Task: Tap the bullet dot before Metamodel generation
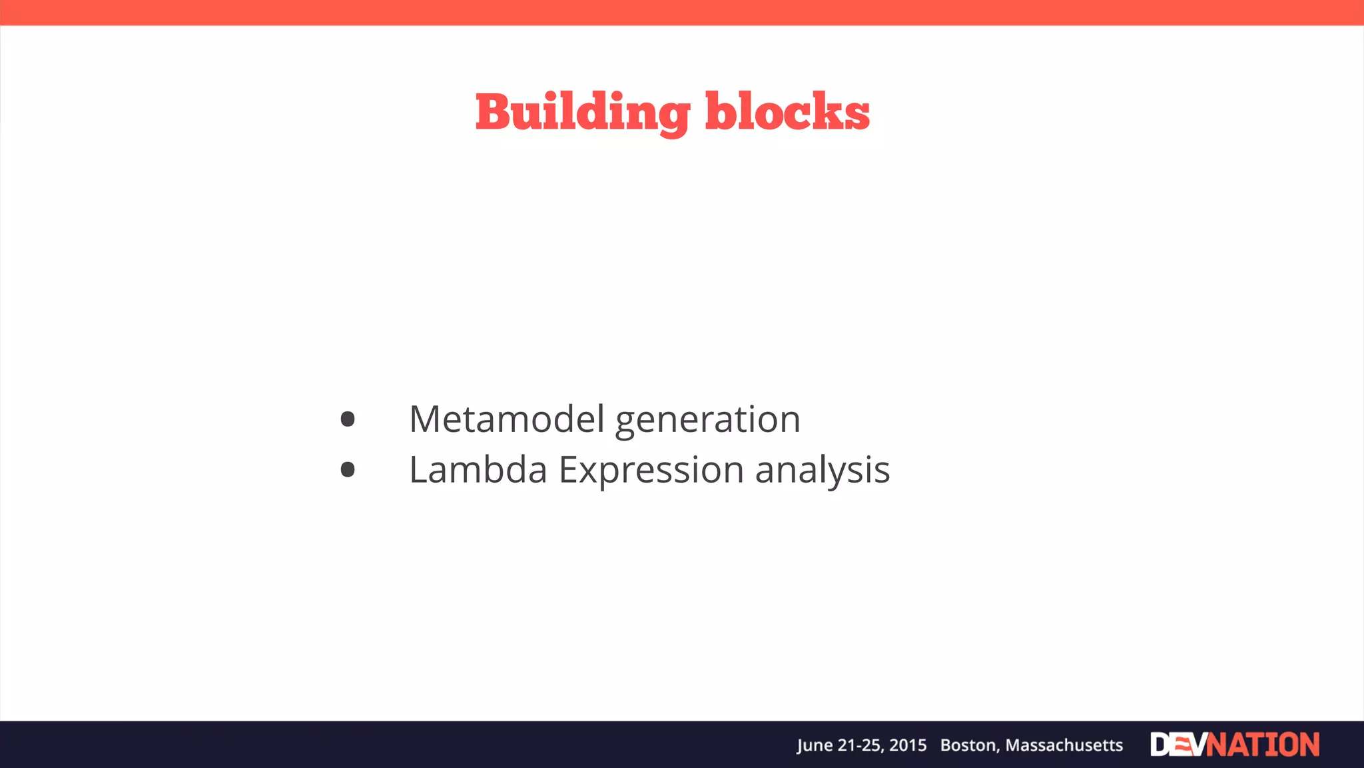point(348,419)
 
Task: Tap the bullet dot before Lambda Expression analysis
point(348,470)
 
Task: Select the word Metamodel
point(507,419)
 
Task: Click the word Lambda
point(478,470)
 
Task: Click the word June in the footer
point(815,745)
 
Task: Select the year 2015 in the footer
point(908,745)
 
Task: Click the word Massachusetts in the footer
point(1064,745)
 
